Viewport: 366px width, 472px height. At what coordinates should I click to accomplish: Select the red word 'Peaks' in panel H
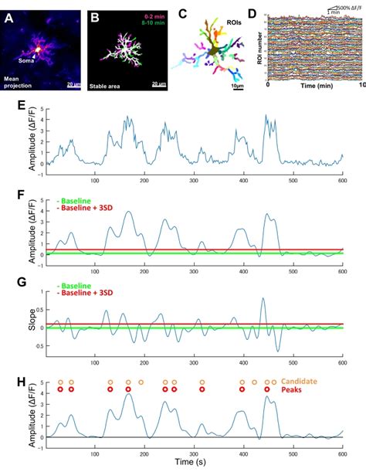click(294, 390)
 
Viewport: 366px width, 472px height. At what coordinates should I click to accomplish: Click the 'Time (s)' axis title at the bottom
click(195, 463)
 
